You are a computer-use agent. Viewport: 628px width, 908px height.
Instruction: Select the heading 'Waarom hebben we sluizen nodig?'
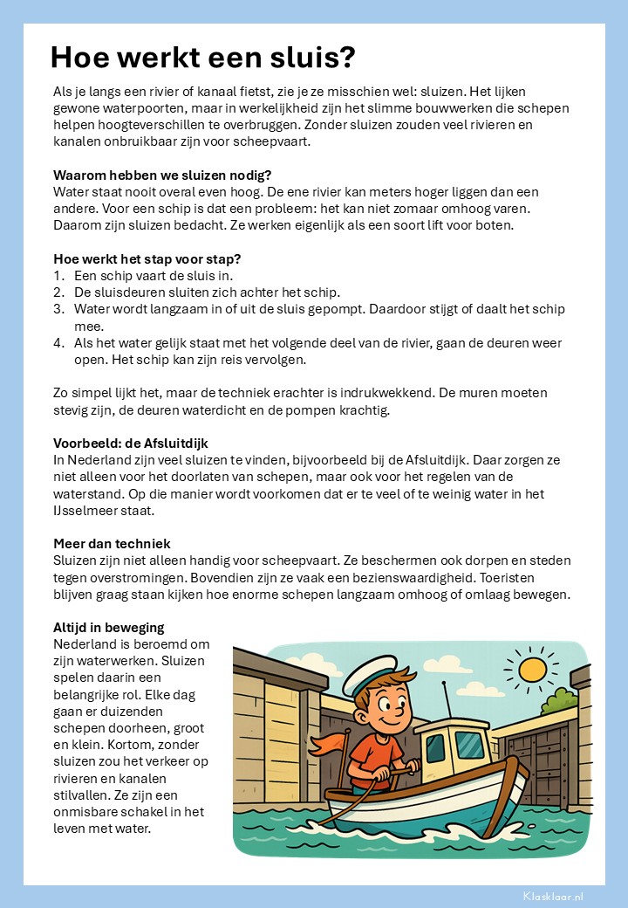pyautogui.click(x=162, y=175)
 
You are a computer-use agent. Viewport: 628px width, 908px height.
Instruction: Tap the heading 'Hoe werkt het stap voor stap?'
pyautogui.click(x=147, y=258)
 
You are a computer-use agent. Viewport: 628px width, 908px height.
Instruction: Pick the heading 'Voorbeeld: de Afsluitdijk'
pyautogui.click(x=131, y=444)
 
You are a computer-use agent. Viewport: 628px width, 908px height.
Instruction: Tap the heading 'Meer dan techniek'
pyautogui.click(x=112, y=544)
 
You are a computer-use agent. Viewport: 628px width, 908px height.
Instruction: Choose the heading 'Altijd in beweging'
pyautogui.click(x=109, y=628)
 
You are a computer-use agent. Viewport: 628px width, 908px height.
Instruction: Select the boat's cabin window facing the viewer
pyautogui.click(x=470, y=745)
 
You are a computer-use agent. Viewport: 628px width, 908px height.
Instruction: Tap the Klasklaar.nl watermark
pyautogui.click(x=553, y=896)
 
